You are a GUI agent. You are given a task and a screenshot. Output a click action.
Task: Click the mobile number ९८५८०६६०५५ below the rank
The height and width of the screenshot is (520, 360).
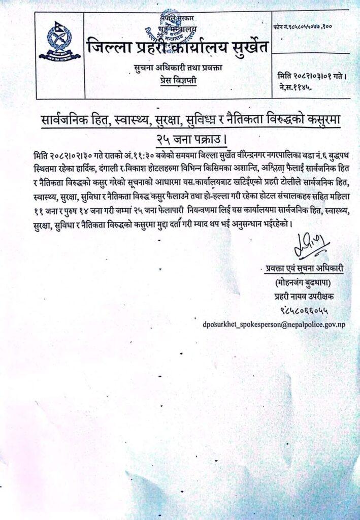(x=303, y=308)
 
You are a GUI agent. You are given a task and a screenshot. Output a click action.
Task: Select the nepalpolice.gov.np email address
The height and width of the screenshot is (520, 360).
(x=274, y=324)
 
